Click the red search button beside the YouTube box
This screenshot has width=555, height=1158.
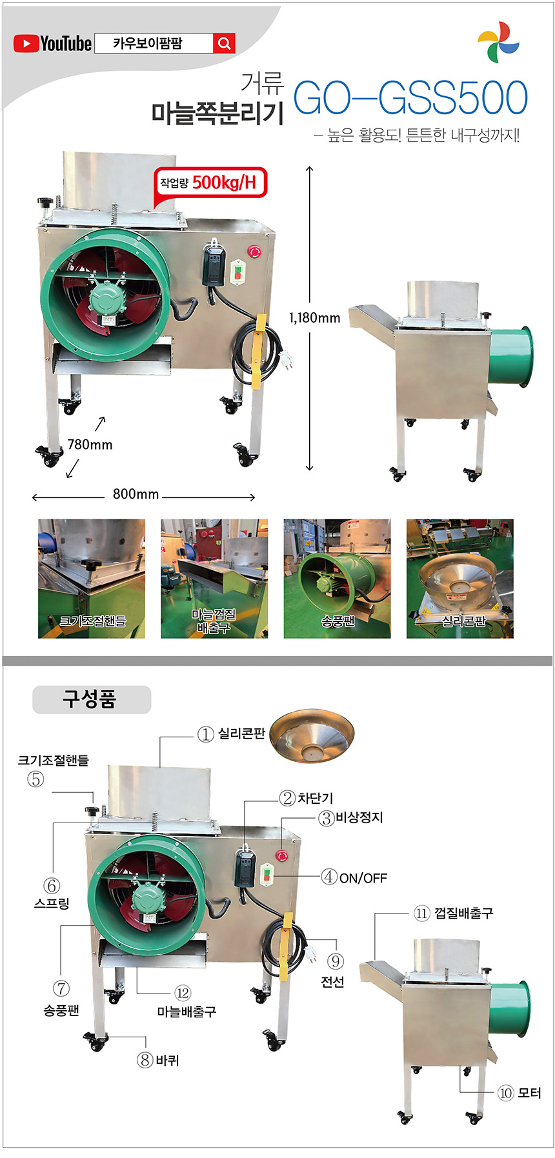(x=224, y=43)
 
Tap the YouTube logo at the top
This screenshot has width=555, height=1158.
(x=52, y=43)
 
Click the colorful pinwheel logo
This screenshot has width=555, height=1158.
(x=498, y=43)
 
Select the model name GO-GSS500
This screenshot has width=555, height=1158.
(x=410, y=97)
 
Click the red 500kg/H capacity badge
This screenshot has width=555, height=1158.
(x=210, y=183)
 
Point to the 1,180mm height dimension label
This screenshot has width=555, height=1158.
(x=314, y=317)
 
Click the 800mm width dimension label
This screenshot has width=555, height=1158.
(x=136, y=494)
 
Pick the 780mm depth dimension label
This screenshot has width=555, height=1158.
(x=90, y=444)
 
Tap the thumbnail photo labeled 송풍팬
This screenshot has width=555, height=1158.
(x=337, y=579)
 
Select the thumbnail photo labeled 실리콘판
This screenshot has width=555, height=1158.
(x=460, y=579)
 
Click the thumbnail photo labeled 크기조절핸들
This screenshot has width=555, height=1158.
(x=92, y=579)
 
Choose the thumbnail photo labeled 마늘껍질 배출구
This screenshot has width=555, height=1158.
(x=214, y=579)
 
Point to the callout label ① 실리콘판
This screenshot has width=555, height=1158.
(x=232, y=734)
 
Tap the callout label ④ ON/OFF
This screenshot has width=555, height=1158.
(x=354, y=877)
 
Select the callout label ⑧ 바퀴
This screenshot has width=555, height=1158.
(x=158, y=1060)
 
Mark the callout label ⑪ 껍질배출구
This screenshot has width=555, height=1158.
(x=454, y=913)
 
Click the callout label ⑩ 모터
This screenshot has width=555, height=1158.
(x=520, y=1093)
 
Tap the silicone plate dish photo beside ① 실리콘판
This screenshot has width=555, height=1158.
(x=312, y=737)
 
